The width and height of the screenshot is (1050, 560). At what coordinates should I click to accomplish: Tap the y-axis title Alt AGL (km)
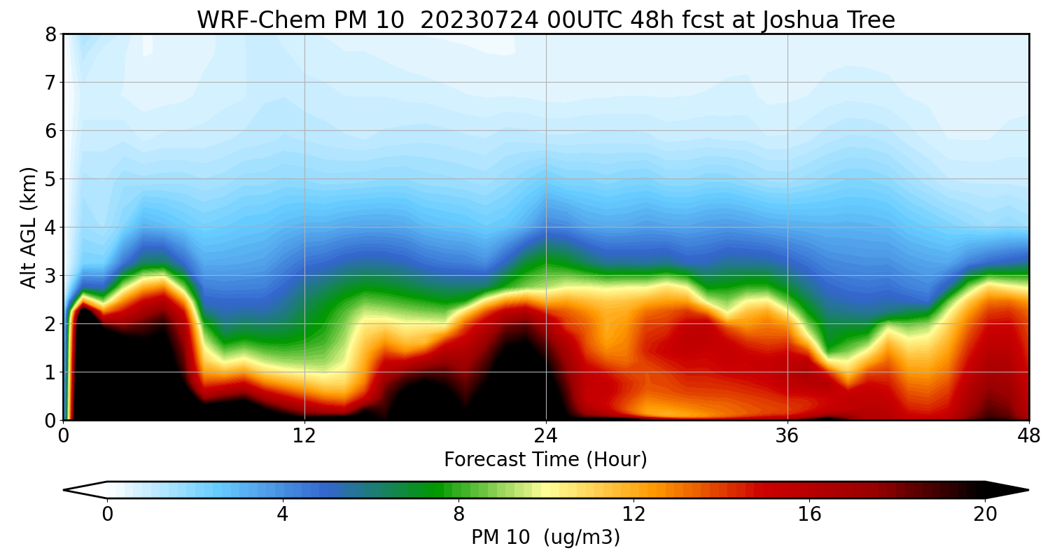(29, 227)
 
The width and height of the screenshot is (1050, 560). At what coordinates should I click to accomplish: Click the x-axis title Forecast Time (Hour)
(545, 460)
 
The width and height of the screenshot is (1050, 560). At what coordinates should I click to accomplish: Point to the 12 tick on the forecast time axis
(304, 435)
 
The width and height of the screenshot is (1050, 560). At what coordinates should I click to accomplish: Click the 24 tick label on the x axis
(546, 435)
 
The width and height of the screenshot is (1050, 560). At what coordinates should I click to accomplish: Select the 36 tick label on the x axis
(787, 435)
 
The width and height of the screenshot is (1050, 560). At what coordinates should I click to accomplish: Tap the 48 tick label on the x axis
(1028, 435)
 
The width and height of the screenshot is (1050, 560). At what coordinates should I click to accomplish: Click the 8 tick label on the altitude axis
(50, 34)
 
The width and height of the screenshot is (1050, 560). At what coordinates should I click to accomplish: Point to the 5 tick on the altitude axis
(50, 179)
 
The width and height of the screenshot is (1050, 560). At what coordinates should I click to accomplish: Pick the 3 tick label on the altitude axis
(50, 276)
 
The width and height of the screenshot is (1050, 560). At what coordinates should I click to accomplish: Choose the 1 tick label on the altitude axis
(50, 372)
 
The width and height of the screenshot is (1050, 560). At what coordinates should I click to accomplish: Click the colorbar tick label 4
(282, 514)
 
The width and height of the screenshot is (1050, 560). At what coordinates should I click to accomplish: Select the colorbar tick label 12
(633, 514)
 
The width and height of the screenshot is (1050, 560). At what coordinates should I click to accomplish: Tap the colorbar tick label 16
(809, 514)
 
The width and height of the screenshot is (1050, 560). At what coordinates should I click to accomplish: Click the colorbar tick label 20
(985, 514)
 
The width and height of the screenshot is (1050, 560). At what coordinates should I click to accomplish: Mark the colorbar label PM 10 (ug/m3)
(545, 538)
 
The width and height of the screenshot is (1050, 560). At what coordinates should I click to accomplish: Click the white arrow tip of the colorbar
(76, 490)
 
